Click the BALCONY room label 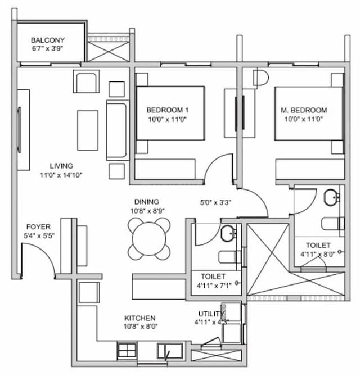48,40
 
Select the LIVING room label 61,166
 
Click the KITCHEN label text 140,318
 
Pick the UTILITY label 211,314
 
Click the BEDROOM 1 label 167,110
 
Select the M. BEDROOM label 304,110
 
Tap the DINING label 146,202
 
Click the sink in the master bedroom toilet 331,198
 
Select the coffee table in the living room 88,130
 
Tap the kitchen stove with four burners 127,351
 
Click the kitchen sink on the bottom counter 169,351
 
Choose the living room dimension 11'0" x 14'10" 61,175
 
